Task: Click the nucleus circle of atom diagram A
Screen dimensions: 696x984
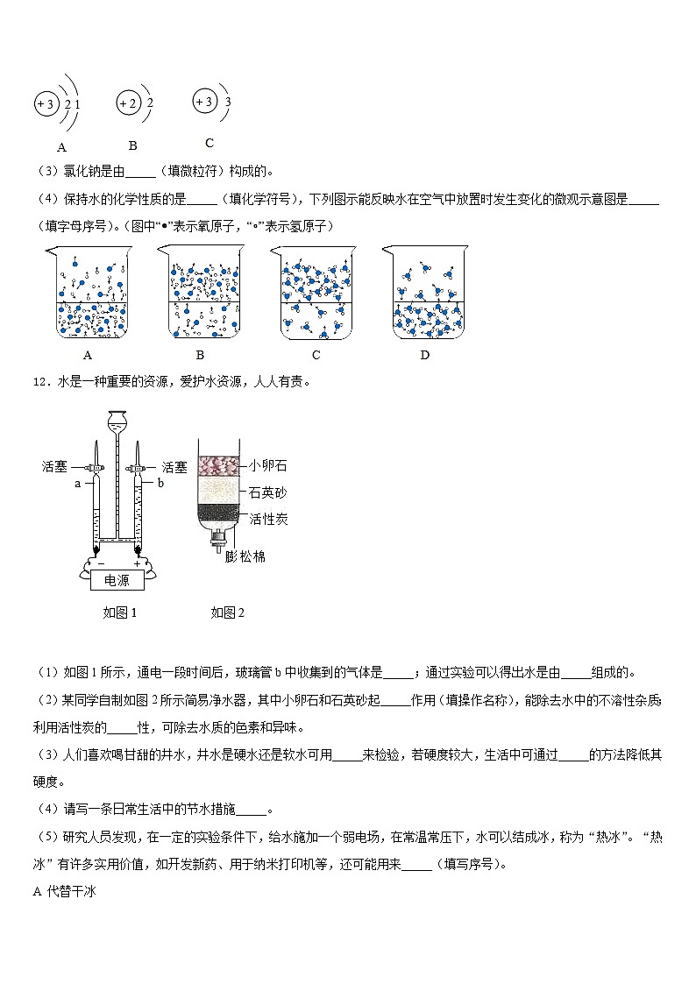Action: coord(45,105)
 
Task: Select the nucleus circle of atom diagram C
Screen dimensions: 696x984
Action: coord(204,102)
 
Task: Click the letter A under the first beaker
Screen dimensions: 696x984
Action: coord(87,355)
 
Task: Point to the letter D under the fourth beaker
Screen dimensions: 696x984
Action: coord(425,355)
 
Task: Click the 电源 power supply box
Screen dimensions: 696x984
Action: coord(117,580)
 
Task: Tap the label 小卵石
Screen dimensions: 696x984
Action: coord(268,465)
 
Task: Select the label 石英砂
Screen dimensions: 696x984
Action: coord(268,492)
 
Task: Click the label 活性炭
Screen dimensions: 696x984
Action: coord(268,519)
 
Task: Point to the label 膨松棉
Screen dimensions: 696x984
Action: coord(245,556)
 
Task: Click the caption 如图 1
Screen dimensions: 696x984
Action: coord(120,612)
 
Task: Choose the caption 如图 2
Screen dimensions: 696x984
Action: coord(227,612)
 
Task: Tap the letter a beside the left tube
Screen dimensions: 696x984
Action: coord(77,483)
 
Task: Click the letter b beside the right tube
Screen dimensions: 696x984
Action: coord(160,483)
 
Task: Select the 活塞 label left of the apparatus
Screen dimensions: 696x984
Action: coord(54,467)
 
